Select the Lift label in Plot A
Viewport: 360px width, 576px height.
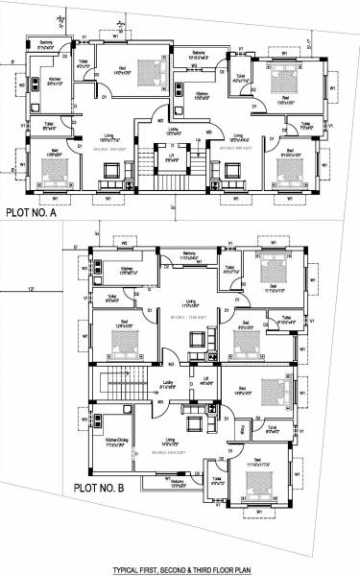pyautogui.click(x=171, y=157)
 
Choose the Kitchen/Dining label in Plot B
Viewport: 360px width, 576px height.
pyautogui.click(x=119, y=444)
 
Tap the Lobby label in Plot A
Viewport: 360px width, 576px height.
pyautogui.click(x=174, y=129)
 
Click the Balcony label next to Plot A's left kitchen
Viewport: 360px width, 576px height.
pyautogui.click(x=46, y=43)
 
